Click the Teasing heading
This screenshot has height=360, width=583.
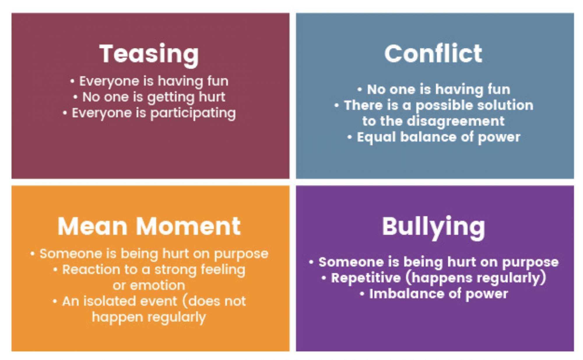coord(149,54)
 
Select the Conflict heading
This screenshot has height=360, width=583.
coord(433,54)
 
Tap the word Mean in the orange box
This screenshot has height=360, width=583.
coord(92,226)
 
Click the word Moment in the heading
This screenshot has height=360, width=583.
coord(188,226)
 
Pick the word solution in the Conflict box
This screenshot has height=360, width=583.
coord(504,105)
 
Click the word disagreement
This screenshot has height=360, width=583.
coord(456,121)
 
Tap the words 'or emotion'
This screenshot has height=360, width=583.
coord(149,285)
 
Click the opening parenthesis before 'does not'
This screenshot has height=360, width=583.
coord(185,301)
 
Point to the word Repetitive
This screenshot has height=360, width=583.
coord(366,278)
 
